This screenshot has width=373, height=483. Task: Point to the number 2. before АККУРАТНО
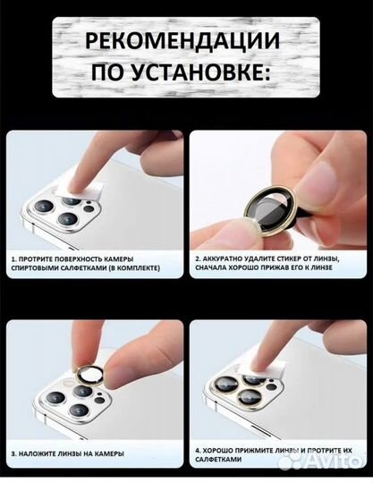[x=198, y=258]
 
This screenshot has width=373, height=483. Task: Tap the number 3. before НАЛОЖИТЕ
[x=13, y=453]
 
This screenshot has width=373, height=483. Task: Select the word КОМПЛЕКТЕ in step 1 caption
[x=139, y=267]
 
